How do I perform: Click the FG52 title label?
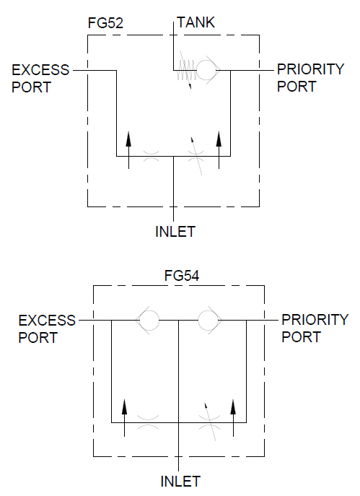[x=105, y=23]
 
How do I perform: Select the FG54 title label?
[x=182, y=276]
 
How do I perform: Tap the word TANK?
[x=196, y=22]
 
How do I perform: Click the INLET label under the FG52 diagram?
[x=175, y=232]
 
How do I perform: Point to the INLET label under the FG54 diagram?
[x=180, y=482]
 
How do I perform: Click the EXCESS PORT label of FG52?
[x=40, y=79]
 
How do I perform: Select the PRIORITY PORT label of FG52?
[x=310, y=78]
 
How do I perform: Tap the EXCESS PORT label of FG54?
[x=47, y=329]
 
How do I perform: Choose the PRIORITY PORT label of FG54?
[x=315, y=329]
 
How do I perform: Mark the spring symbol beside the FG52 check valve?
[x=186, y=70]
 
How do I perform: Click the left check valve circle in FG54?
[x=149, y=320]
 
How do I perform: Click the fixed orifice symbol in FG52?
[x=152, y=156]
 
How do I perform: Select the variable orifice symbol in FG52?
[x=196, y=156]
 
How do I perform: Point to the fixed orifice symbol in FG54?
[x=148, y=422]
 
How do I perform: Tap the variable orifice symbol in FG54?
[x=210, y=422]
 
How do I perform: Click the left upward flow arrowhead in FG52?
[x=128, y=139]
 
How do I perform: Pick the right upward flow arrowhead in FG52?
[x=219, y=139]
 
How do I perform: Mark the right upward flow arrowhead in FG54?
[x=233, y=406]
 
